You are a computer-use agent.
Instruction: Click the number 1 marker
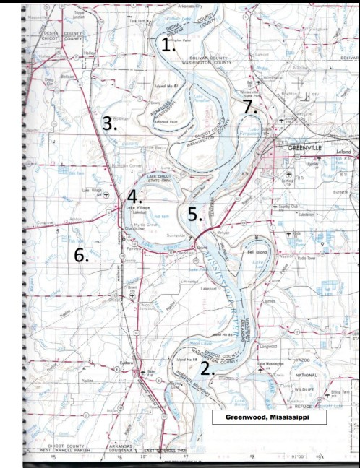168,45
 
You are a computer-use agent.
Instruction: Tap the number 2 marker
207,368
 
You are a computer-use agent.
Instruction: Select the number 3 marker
110,123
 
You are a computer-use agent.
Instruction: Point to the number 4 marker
134,196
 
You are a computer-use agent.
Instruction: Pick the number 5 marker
193,213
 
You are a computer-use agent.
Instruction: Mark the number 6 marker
81,254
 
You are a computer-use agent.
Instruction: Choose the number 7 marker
249,106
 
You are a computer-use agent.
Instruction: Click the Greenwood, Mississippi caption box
269,417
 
